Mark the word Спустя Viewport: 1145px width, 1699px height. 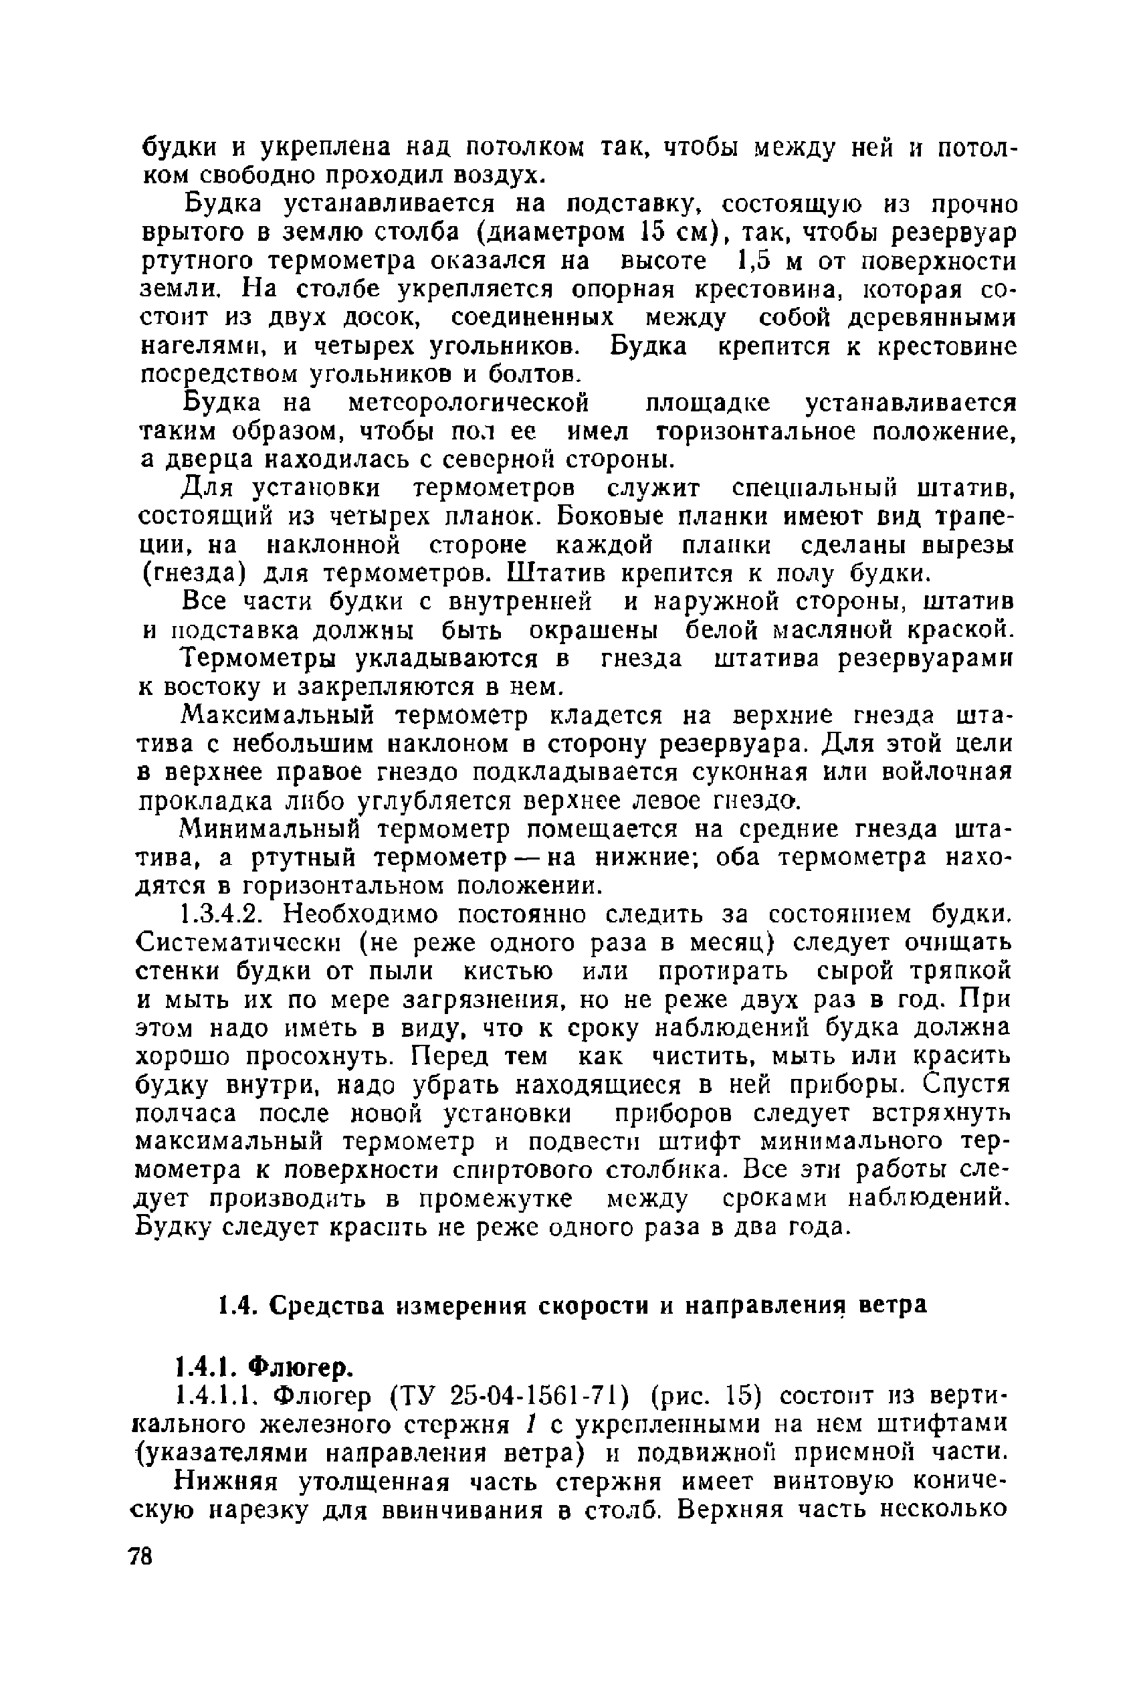click(966, 1086)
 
